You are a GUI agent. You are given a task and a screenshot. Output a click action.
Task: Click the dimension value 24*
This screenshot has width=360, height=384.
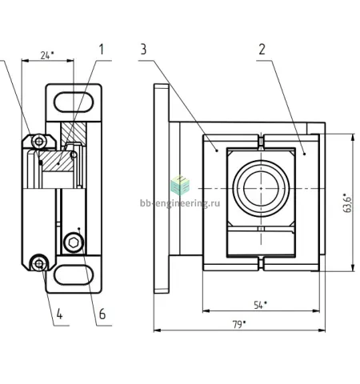tap(47, 55)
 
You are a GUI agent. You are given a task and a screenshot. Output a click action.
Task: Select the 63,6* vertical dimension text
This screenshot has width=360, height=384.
tap(347, 202)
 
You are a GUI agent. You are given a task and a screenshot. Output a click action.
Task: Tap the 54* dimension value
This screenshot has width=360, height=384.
tap(260, 305)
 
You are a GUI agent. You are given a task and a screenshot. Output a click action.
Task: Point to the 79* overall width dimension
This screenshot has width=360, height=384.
tap(239, 325)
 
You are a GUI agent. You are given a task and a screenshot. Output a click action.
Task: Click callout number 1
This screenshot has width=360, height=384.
tap(101, 50)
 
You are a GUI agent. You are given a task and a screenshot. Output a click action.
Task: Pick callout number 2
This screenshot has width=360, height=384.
tap(262, 50)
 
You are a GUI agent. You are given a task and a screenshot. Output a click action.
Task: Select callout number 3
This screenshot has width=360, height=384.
tap(143, 50)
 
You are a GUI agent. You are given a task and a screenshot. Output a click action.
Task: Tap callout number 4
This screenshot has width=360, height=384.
tap(59, 314)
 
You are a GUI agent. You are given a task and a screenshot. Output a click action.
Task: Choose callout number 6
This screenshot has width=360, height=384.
tap(102, 314)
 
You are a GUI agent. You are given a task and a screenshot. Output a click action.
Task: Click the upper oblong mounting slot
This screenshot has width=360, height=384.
tap(74, 102)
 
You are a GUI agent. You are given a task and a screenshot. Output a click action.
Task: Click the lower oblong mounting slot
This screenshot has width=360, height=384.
tap(74, 274)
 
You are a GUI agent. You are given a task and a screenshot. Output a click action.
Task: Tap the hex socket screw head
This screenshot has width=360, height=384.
tap(74, 242)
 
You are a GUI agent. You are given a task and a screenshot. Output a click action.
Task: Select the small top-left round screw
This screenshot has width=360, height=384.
tap(39, 141)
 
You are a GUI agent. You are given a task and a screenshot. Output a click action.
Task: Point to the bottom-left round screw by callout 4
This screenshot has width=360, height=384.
tap(39, 263)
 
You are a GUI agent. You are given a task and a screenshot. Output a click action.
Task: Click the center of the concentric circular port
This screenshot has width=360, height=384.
tap(261, 189)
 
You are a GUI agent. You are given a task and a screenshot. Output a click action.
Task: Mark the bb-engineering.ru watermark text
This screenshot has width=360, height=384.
tap(180, 203)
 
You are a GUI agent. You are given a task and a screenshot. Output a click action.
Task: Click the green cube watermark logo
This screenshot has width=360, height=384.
tap(180, 185)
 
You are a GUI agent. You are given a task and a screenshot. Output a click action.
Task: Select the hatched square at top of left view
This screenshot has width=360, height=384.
tap(74, 134)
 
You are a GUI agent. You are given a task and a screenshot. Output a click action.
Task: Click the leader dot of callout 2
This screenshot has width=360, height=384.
tap(304, 154)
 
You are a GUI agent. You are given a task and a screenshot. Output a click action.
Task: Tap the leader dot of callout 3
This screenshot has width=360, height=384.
tap(217, 150)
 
